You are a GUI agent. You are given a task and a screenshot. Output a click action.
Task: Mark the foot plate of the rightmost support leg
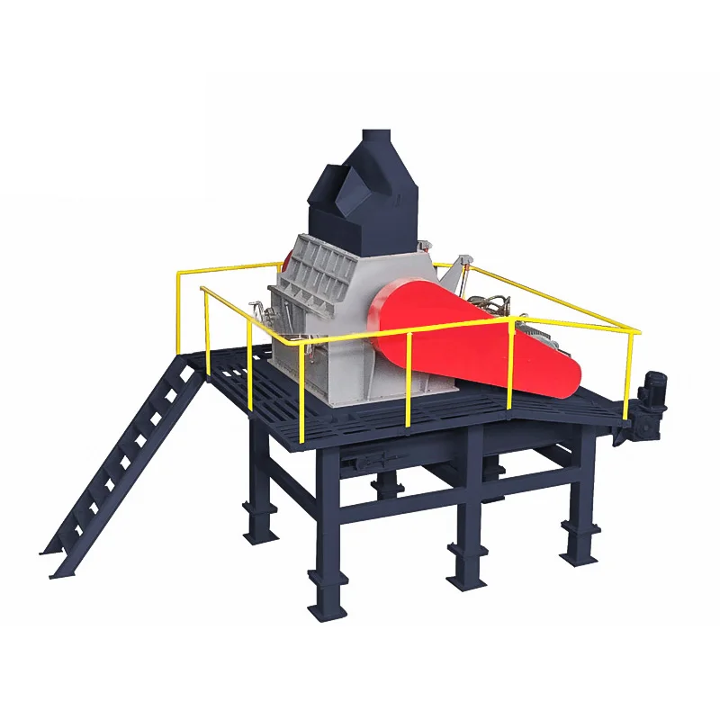point(577,553)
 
